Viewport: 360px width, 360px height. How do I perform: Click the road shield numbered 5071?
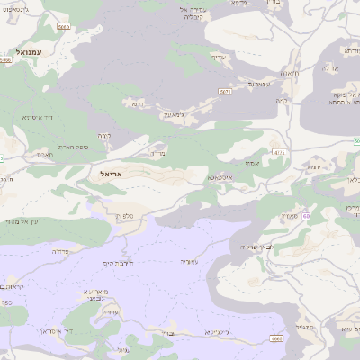coord(226,91)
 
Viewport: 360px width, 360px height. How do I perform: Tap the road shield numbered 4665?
coord(276,338)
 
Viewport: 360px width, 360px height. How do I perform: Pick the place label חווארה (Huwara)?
coord(290,73)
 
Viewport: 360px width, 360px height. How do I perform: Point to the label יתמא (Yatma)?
coord(313,167)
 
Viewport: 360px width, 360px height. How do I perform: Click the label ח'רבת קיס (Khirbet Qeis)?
coord(130,262)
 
